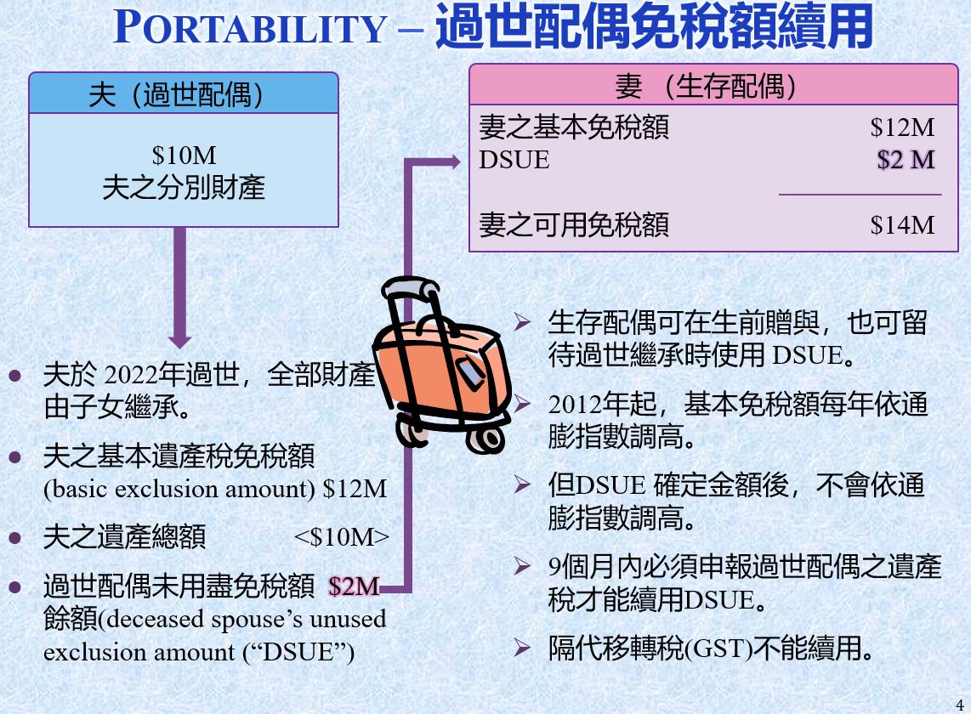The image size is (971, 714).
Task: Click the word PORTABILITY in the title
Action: coord(250,28)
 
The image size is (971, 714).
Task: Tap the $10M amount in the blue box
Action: coord(184,156)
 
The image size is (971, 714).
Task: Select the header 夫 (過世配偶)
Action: coord(176,94)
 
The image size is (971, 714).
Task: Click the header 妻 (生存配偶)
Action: coord(706,86)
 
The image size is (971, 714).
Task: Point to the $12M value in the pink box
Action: coord(902,127)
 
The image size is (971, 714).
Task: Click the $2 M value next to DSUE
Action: coord(906,160)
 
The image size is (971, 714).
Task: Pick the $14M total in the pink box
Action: coord(902,225)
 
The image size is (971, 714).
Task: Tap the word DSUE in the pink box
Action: coord(514,160)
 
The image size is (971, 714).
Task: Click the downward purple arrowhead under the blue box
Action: coord(179,342)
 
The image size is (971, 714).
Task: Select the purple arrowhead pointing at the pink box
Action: coord(456,162)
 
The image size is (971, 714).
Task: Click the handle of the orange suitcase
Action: coord(409,286)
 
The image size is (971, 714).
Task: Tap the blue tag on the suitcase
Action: coord(471,374)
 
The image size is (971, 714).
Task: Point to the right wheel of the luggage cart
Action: coord(486,439)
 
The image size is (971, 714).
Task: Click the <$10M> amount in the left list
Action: coord(342,537)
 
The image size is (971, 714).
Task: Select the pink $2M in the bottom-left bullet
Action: coord(354,586)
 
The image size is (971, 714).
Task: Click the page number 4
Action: coord(960,705)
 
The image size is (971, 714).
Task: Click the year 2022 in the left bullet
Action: coord(131,374)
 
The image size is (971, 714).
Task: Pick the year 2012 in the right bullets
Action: coord(576,405)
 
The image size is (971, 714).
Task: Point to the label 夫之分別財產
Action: coord(184,188)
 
